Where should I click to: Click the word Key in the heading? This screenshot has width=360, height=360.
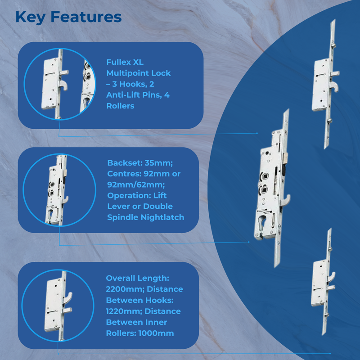click(30, 18)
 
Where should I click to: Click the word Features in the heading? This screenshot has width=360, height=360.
click(86, 17)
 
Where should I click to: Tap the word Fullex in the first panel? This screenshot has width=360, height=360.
click(118, 62)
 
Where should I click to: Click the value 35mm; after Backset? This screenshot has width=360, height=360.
click(159, 163)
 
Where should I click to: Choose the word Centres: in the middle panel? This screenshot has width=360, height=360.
click(124, 174)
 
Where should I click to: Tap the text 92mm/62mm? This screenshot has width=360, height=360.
click(136, 184)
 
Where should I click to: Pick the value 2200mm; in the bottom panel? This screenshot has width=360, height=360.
click(125, 289)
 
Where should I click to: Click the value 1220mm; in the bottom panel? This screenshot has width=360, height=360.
click(124, 311)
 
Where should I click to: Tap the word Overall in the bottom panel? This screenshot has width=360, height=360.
click(121, 278)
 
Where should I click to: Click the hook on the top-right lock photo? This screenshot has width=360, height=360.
click(334, 86)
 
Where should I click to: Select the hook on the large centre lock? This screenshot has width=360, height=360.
click(286, 200)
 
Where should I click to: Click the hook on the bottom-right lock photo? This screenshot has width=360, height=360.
click(331, 277)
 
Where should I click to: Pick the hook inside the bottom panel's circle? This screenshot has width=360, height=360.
click(68, 298)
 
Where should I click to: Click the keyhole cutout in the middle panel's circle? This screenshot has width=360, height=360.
click(50, 214)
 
